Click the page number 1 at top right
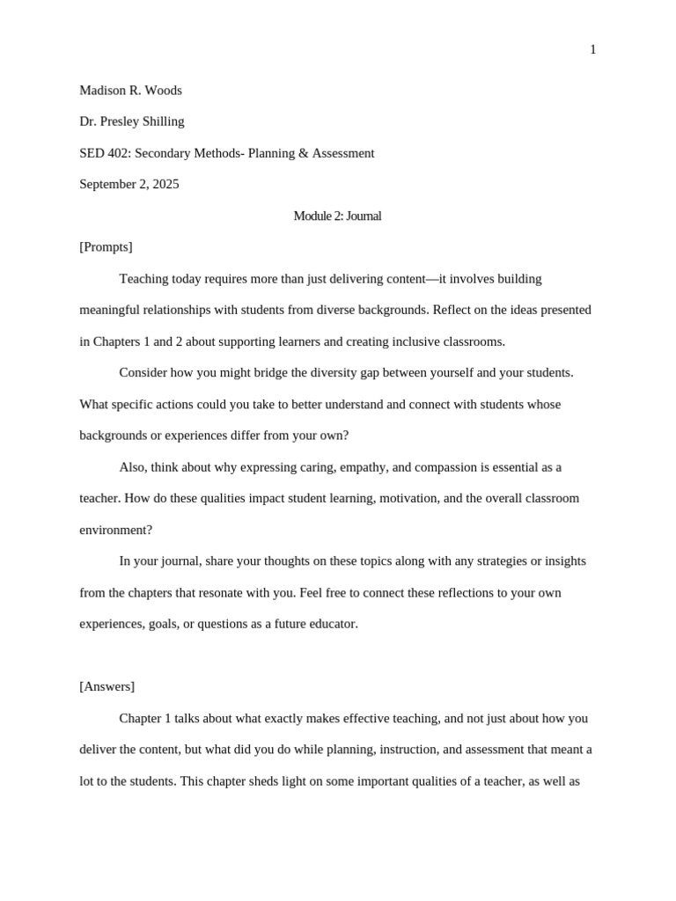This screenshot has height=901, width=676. pyautogui.click(x=592, y=50)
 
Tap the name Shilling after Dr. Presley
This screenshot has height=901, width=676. pyautogui.click(x=160, y=121)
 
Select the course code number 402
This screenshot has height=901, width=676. pyautogui.click(x=119, y=153)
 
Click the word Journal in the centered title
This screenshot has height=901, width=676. pyautogui.click(x=364, y=216)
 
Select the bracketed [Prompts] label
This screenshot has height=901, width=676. pyautogui.click(x=106, y=247)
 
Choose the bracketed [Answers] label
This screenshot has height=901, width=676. pyautogui.click(x=107, y=686)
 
